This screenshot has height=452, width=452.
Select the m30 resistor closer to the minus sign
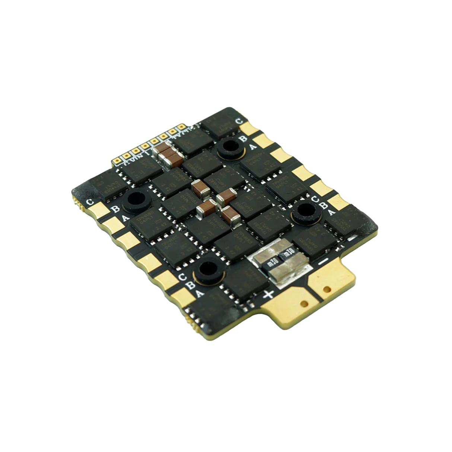click(x=288, y=255)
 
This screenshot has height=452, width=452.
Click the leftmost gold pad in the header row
click(x=117, y=161)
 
